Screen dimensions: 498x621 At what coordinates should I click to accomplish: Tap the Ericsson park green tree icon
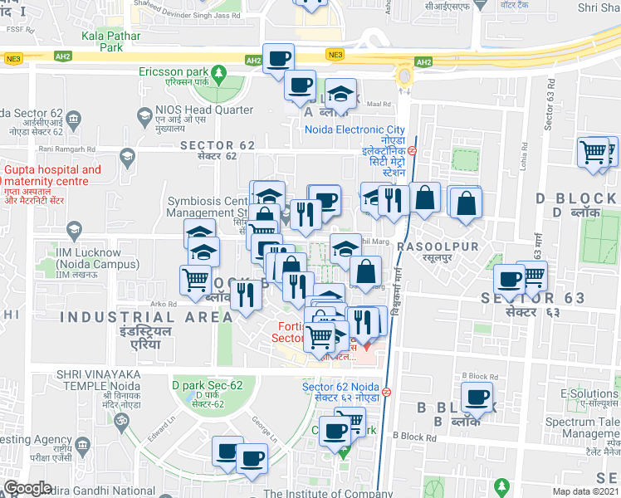[x=219, y=74]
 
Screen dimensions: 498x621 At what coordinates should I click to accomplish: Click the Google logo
[x=27, y=488]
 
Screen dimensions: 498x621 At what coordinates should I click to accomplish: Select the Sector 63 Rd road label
[x=550, y=105]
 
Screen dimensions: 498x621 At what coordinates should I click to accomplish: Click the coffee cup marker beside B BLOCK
[x=477, y=398]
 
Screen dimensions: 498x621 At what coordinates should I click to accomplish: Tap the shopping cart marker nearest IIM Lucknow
[x=196, y=280]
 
